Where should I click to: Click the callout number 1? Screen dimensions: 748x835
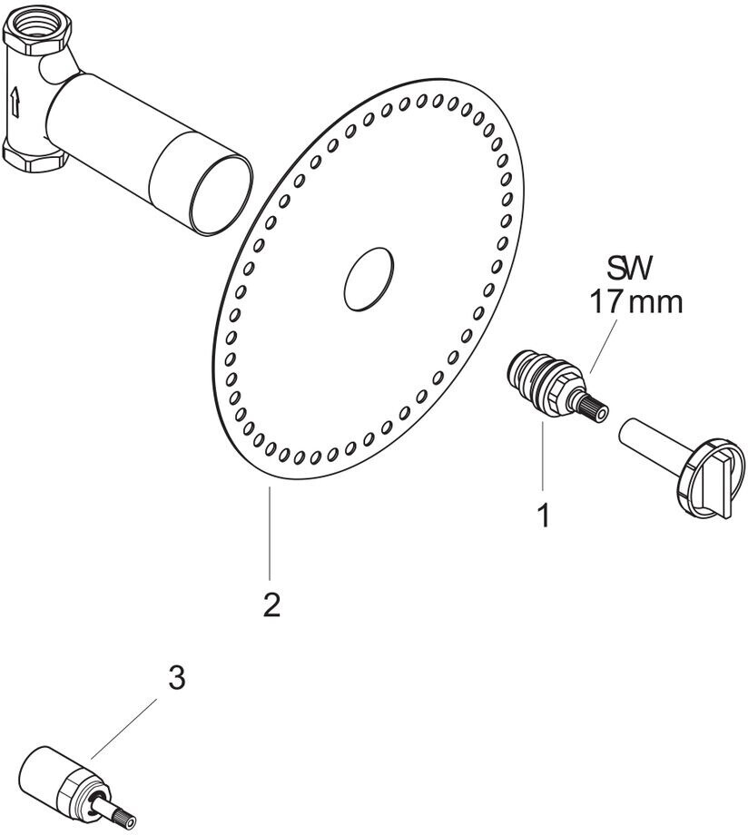coord(543,516)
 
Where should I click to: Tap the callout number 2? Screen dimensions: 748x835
coord(271,604)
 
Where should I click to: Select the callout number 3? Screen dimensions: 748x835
coord(176,679)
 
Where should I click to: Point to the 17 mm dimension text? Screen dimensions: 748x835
coord(635,302)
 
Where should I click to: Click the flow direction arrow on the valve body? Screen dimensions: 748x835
coord(15,103)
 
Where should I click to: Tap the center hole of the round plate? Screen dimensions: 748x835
coord(369,278)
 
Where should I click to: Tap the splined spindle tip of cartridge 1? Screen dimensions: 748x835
coord(594,410)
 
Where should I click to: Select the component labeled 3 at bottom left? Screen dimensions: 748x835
coord(77,790)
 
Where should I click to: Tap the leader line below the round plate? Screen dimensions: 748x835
coord(271,533)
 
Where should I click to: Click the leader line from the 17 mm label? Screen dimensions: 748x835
coord(605,347)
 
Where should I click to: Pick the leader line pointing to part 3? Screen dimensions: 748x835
coord(124,729)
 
